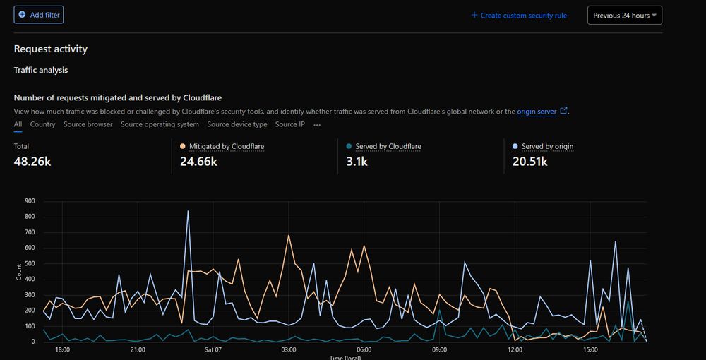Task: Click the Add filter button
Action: tap(39, 15)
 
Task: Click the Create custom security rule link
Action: tap(519, 16)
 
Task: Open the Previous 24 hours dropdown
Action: tap(624, 16)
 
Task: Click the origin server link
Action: tap(537, 112)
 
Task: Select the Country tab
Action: tap(42, 125)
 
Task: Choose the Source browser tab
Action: tap(88, 125)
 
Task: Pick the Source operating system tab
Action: tap(160, 125)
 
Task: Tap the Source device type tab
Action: tap(237, 125)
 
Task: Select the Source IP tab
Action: tap(290, 125)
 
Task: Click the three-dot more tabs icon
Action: tap(317, 125)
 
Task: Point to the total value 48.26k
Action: tap(32, 162)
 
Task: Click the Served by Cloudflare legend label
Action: tap(388, 147)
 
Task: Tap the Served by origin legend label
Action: tap(547, 147)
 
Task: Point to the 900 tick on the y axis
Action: tap(30, 200)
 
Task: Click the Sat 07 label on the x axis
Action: tap(213, 349)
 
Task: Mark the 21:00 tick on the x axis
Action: tap(138, 349)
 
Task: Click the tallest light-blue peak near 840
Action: tap(188, 211)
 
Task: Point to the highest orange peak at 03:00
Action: tap(289, 236)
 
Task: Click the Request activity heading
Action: tap(51, 49)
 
